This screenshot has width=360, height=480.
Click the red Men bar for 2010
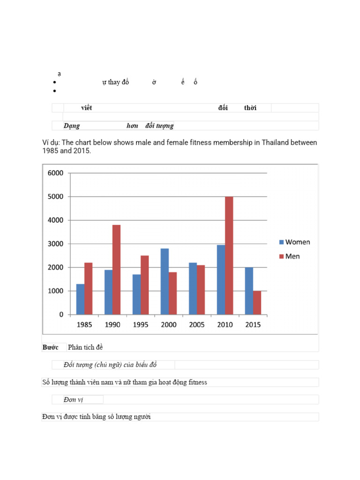pos(229,255)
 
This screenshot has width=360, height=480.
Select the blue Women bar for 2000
pos(165,281)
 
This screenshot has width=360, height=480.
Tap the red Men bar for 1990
pos(116,270)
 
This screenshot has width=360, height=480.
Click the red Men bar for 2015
pos(257,302)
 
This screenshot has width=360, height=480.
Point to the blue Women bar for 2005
pos(193,288)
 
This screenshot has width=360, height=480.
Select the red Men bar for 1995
pos(144,285)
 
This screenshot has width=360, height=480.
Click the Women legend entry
pos(294,242)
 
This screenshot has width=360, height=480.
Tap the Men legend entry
pos(289,256)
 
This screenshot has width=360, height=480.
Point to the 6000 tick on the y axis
pos(55,173)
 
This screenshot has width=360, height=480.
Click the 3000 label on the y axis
pos(55,244)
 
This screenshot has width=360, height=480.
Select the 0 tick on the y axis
pos(61,315)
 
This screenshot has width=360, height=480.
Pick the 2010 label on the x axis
pos(225,325)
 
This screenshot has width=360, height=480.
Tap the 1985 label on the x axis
pos(84,325)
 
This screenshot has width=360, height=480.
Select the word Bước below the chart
pos(50,347)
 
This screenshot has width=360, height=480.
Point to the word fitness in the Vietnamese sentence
pos(195,382)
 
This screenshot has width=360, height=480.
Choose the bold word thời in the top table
pos(250,108)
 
